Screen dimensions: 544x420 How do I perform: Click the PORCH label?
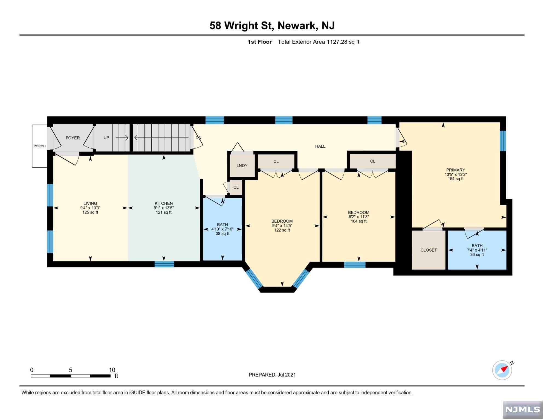tap(40, 146)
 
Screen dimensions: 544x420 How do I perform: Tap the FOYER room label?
tap(73, 138)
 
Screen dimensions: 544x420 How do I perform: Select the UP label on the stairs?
tap(106, 138)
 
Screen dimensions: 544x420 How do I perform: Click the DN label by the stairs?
tap(199, 138)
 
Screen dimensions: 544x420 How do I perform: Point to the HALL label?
tap(320, 147)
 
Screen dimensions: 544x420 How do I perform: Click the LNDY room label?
tap(242, 166)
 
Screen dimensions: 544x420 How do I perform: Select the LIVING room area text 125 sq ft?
tap(90, 212)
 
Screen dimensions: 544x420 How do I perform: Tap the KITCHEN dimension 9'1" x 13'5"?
tap(164, 208)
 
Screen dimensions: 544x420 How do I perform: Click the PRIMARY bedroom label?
tap(456, 170)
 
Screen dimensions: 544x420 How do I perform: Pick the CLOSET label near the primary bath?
tap(429, 250)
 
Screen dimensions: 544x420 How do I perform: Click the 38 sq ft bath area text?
tap(223, 234)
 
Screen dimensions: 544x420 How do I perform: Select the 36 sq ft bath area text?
tap(477, 255)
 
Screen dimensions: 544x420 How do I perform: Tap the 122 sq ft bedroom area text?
tap(282, 230)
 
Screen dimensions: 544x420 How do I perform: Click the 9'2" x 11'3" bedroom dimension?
tap(359, 217)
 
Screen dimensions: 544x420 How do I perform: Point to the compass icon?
tap(502, 371)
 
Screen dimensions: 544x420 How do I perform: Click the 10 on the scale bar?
tap(112, 370)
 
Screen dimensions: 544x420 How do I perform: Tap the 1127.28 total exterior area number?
tap(337, 42)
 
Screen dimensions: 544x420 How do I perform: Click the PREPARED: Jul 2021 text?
tap(272, 375)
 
